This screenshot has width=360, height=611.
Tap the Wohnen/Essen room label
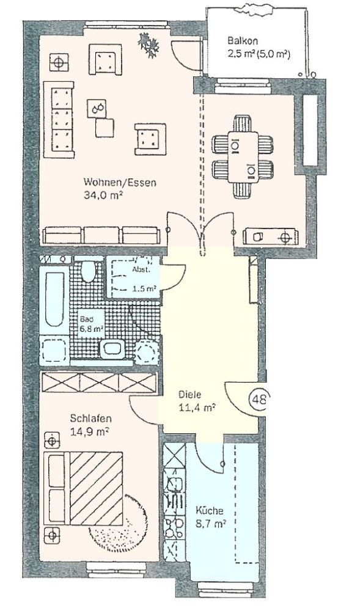click(x=120, y=182)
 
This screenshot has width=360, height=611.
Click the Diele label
click(x=189, y=395)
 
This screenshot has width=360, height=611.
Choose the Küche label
click(x=210, y=510)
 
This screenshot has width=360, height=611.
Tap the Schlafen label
click(x=91, y=419)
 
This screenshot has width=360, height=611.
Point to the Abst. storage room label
click(x=140, y=269)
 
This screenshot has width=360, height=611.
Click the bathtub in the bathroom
click(x=54, y=299)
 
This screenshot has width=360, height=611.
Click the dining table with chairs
click(x=243, y=157)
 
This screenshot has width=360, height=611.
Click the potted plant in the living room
click(x=149, y=44)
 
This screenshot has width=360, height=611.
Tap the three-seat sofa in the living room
click(x=59, y=120)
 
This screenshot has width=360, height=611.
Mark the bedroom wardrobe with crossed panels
click(x=99, y=382)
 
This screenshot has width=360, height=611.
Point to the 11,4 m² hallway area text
click(x=197, y=408)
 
